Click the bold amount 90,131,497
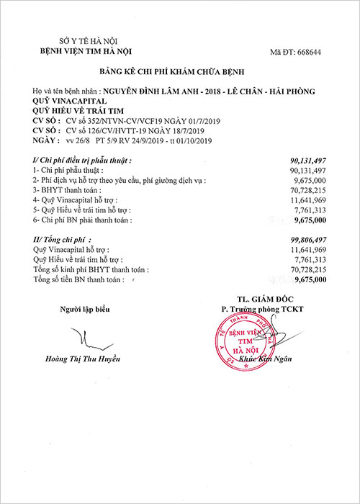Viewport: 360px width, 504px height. (307, 160)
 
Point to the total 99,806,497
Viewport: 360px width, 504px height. (307, 238)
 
